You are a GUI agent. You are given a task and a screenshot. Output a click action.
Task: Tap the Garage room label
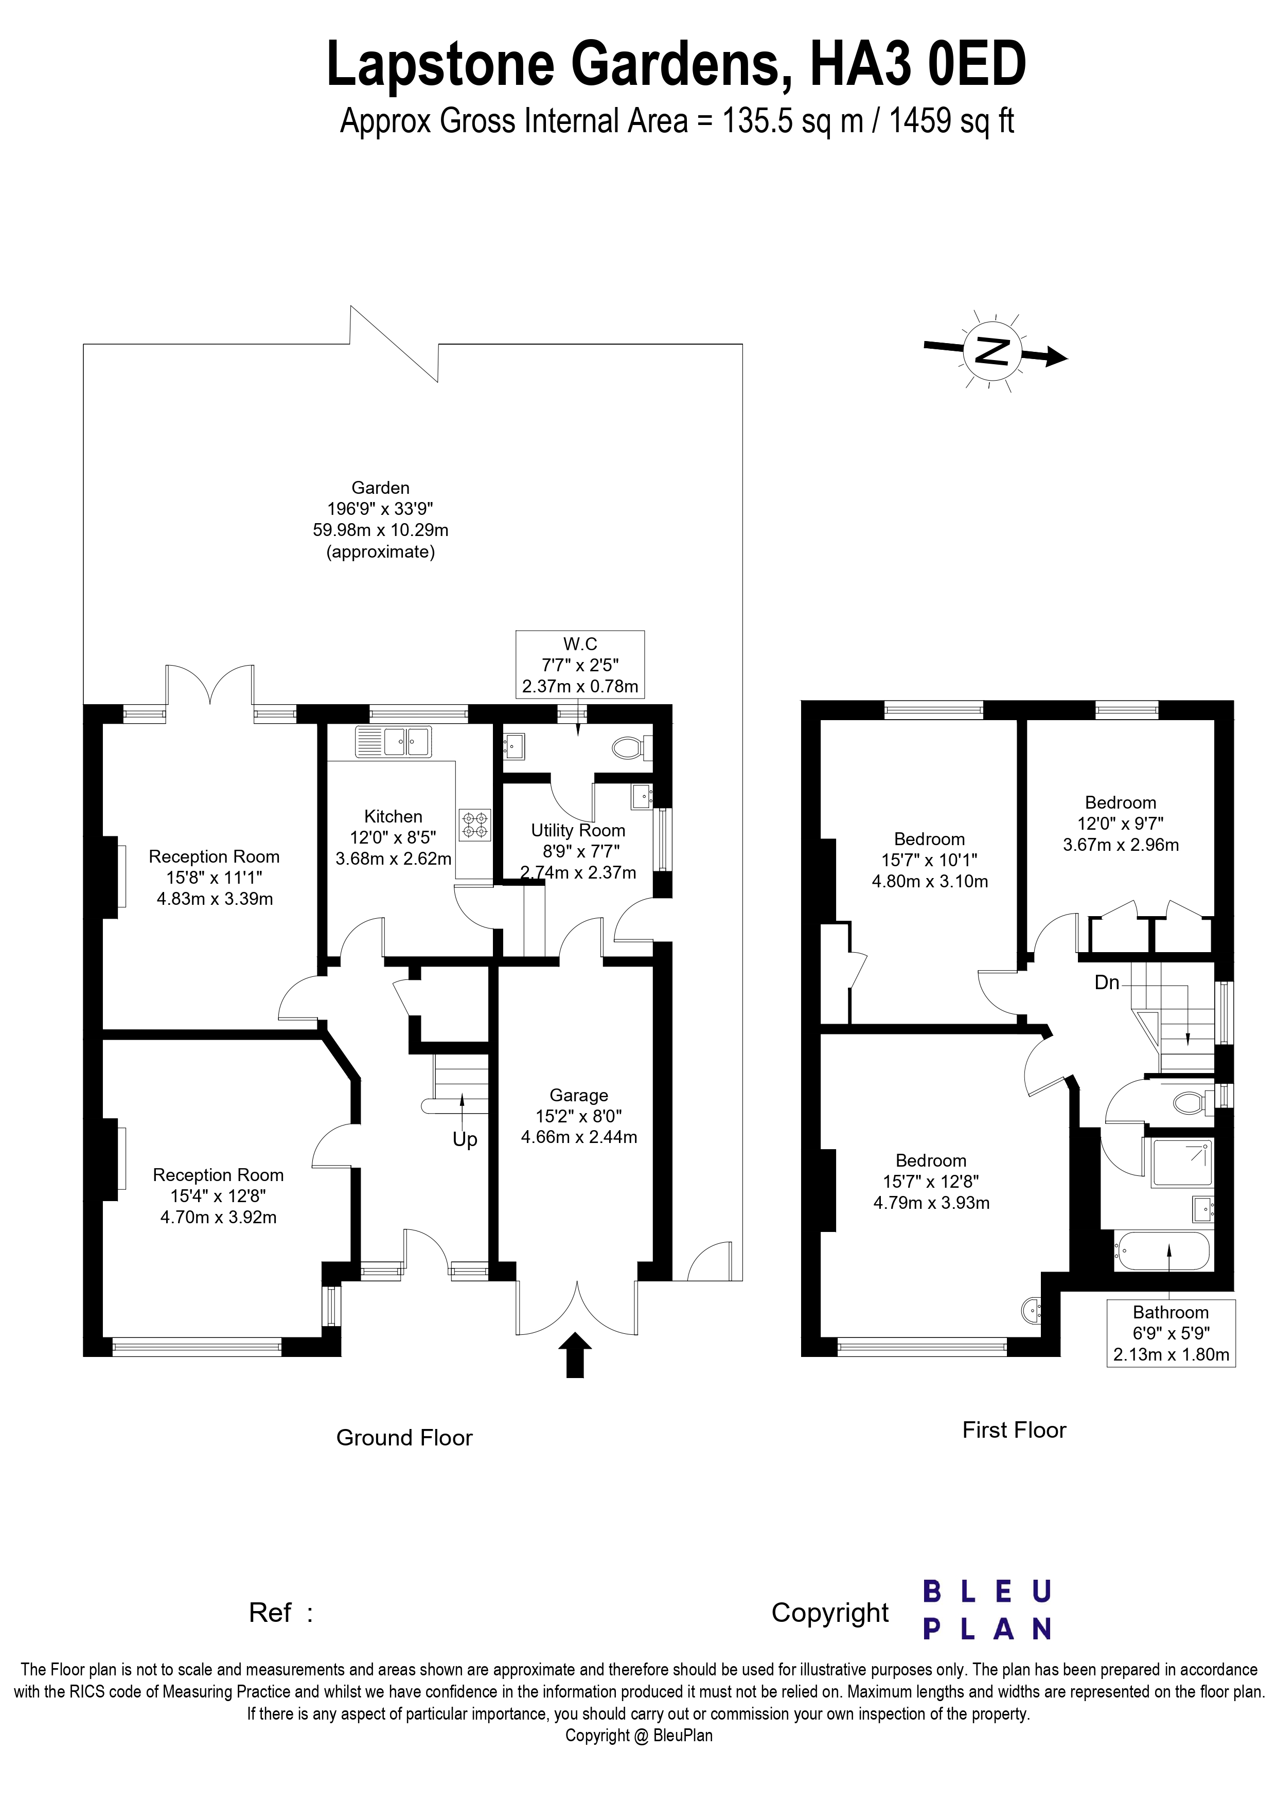tap(579, 1095)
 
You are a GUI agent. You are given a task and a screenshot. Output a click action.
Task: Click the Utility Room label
tap(578, 830)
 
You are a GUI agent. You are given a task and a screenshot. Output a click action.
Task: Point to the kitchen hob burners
tap(475, 823)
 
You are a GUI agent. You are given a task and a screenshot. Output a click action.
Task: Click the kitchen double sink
tap(393, 741)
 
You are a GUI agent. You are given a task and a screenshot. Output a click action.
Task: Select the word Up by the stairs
tap(465, 1140)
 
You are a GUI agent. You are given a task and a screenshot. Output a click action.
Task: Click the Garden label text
tap(381, 488)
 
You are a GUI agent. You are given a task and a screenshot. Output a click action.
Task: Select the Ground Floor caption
tap(404, 1438)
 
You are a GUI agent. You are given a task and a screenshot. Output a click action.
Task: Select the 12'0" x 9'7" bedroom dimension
tap(1120, 824)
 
